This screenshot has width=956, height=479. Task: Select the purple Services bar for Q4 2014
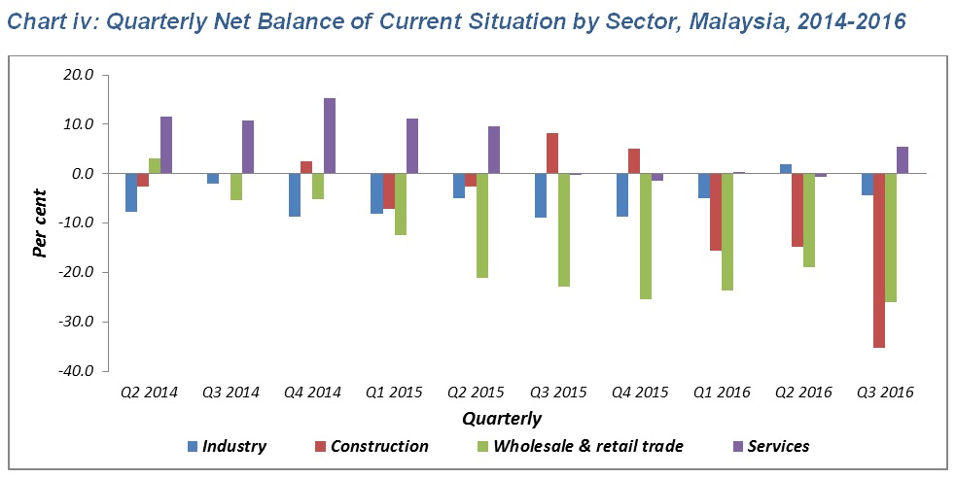click(x=330, y=136)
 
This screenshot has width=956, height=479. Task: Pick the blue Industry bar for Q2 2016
click(x=785, y=169)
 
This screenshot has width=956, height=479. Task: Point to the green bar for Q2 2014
click(x=155, y=166)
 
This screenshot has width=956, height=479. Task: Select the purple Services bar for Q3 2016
click(x=902, y=160)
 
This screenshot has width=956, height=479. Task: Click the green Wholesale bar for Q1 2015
click(x=400, y=204)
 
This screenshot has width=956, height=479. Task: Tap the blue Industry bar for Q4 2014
click(x=295, y=194)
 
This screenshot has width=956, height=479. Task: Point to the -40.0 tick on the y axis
click(x=76, y=371)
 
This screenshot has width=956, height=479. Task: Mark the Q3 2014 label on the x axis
click(x=230, y=393)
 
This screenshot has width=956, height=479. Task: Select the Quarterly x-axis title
click(x=502, y=420)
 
